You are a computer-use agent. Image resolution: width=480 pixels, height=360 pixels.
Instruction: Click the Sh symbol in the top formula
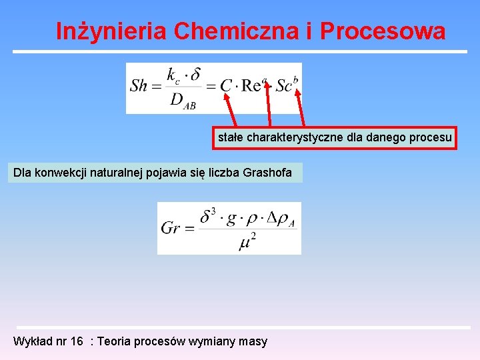[x=139, y=86]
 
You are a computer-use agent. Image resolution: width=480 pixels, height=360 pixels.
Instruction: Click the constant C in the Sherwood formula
[x=225, y=86]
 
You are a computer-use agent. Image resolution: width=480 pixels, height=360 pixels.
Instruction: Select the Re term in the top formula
[x=251, y=86]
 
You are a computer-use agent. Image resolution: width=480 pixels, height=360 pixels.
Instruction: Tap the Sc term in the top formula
[x=284, y=86]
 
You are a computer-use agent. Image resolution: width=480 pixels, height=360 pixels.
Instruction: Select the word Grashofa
[x=267, y=173]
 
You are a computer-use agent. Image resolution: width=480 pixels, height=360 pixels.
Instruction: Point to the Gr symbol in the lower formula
[x=171, y=228]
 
